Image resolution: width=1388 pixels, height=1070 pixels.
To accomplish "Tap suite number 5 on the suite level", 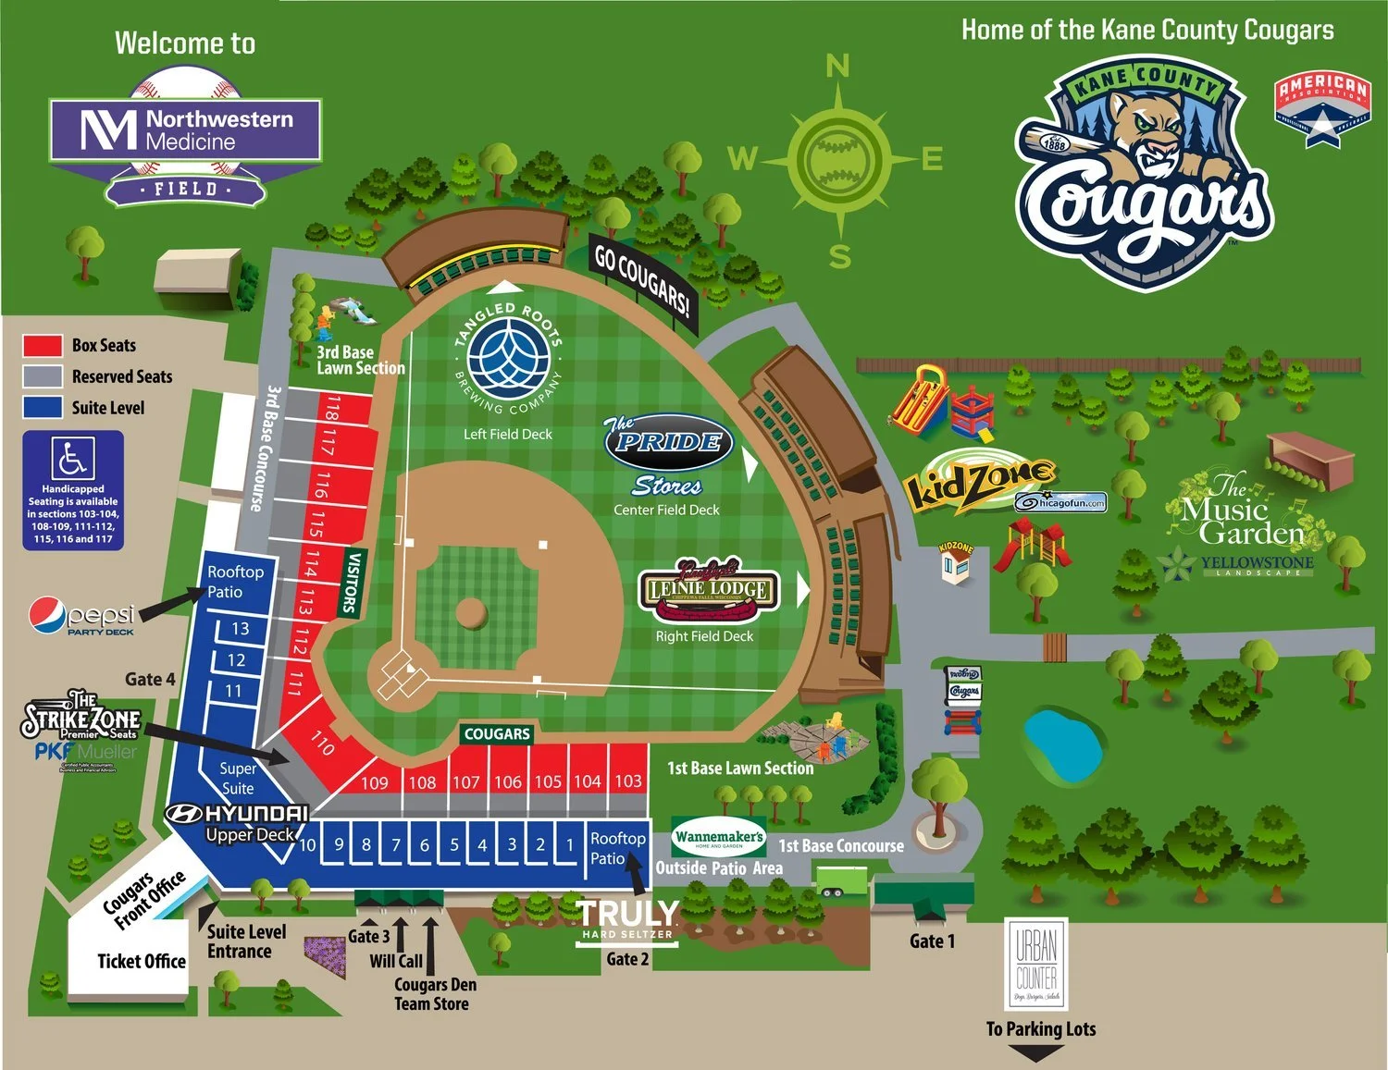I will tap(454, 844).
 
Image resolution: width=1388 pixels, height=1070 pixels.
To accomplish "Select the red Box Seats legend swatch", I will tap(43, 346).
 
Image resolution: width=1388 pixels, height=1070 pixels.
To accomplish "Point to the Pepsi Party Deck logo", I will tap(82, 617).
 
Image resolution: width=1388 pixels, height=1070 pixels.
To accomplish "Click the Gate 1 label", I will tap(931, 941).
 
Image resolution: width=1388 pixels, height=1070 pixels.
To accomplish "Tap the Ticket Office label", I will tap(141, 961).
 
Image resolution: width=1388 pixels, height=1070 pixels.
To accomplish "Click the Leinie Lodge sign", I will tap(710, 589).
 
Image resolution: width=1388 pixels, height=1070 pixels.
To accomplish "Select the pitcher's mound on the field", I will tap(471, 612).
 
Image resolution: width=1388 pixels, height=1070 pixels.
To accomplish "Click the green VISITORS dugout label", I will tap(351, 584).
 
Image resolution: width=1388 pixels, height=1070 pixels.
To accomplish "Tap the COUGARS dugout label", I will tap(497, 734).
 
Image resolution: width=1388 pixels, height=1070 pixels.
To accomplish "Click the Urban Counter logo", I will tap(1036, 964).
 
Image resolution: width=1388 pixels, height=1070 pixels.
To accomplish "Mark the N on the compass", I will tap(837, 66).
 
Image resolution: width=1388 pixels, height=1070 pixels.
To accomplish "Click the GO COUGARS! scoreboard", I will tap(642, 281).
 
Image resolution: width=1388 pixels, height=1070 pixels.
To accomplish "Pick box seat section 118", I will tap(330, 409).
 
